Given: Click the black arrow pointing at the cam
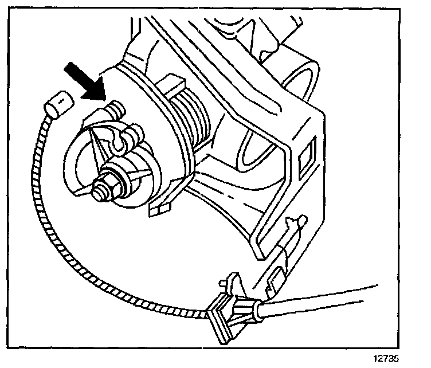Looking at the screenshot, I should click(x=83, y=80).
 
